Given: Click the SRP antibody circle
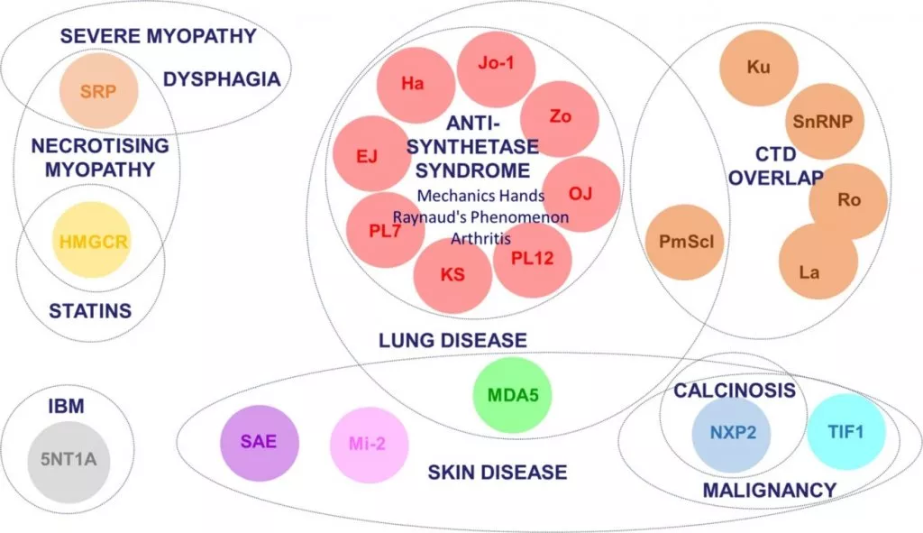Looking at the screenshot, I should tap(98, 92).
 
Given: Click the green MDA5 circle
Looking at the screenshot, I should tap(512, 395).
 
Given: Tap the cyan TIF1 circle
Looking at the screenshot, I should tap(845, 432).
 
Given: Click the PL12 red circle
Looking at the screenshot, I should tap(533, 259).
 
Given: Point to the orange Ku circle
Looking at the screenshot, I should tap(759, 68).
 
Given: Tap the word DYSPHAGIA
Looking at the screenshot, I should tap(222, 79).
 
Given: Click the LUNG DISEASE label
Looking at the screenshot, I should tap(452, 340).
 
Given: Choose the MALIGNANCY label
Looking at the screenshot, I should tap(769, 490).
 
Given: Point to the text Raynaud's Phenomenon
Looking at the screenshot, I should tap(480, 217).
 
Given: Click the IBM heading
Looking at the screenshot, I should tap(66, 407).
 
